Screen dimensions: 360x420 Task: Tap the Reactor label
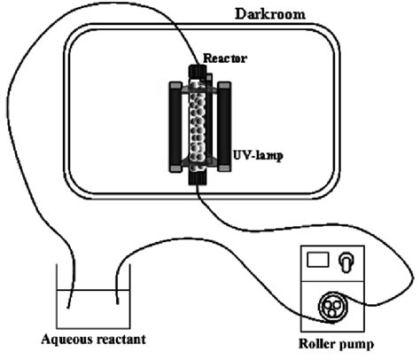tap(224, 59)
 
